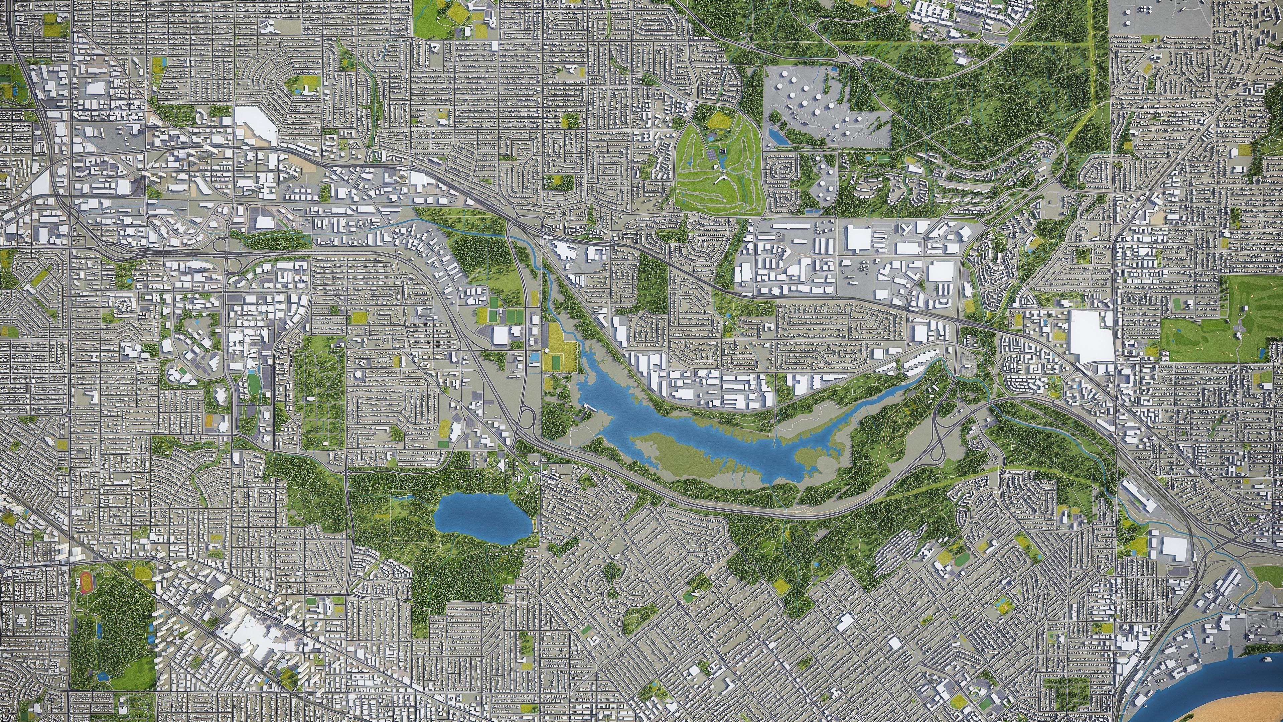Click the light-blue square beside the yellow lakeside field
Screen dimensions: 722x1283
[x=535, y=357]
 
